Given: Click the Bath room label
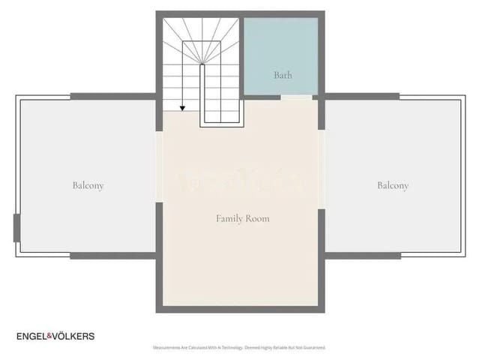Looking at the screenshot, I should (283, 75).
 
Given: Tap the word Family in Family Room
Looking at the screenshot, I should (229, 218).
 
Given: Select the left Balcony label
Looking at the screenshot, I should (88, 185).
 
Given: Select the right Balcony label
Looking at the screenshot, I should (393, 185).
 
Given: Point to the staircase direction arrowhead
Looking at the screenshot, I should (182, 109).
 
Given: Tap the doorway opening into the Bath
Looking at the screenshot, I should (296, 97).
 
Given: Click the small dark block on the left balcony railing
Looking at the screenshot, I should (16, 228).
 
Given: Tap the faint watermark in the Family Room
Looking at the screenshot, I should (240, 181).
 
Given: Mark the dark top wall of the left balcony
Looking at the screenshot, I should (112, 97).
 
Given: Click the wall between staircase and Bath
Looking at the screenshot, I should (241, 56).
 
